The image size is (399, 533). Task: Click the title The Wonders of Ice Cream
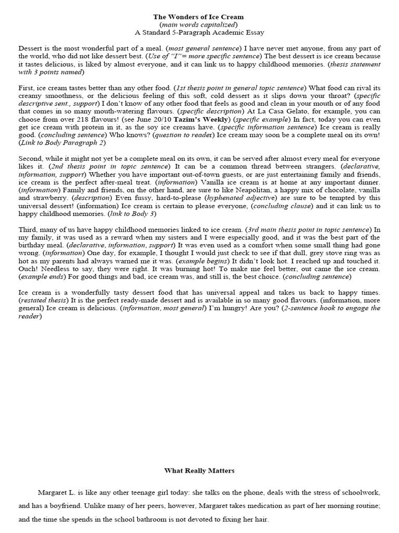tap(199, 17)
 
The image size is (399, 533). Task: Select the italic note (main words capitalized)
tap(199, 24)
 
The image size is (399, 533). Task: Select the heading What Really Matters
tap(199, 471)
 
